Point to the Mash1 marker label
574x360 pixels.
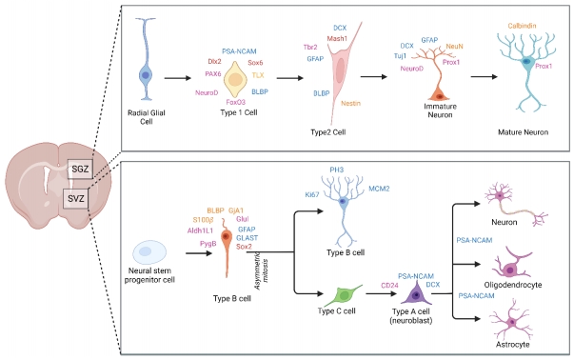pyautogui.click(x=337, y=39)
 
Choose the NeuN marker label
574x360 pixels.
pyautogui.click(x=455, y=46)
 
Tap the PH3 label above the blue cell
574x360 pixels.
pyautogui.click(x=336, y=170)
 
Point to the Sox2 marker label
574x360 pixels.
pyautogui.click(x=245, y=246)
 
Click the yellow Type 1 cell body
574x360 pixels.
pyautogui.click(x=235, y=80)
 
